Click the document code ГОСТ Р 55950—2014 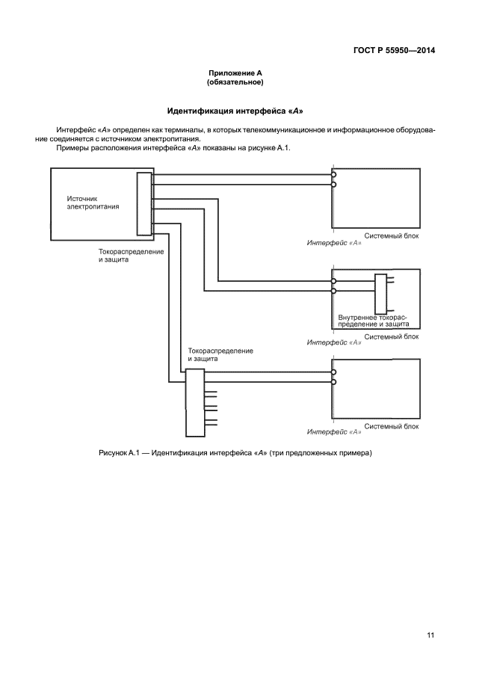394,51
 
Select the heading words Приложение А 235,73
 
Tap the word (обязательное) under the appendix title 235,82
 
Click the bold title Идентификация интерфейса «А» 235,111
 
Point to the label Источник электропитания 93,203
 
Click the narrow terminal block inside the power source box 144,204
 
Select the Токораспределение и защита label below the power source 131,256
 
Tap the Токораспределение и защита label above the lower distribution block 220,354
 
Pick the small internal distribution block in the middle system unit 380,295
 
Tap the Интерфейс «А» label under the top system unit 334,244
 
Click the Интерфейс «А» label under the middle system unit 334,342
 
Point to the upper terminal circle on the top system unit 333,176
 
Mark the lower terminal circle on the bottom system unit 333,382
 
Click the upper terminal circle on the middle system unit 333,282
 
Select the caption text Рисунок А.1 119,453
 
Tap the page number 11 430,635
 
